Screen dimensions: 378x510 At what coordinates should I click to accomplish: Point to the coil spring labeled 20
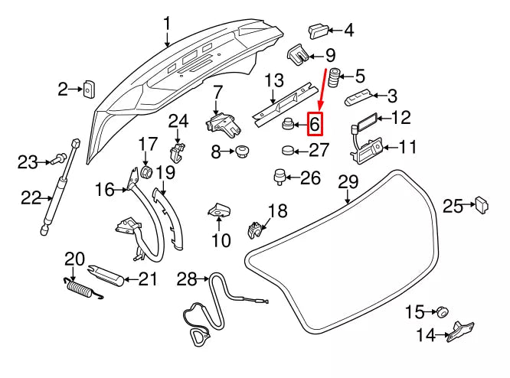[x=77, y=289]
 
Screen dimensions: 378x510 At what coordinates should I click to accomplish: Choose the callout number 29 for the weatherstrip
[x=348, y=182]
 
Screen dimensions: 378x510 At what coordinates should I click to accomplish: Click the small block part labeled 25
[x=482, y=204]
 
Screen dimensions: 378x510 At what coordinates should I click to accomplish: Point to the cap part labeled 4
[x=317, y=31]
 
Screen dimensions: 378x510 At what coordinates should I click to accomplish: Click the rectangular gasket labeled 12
[x=366, y=120]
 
